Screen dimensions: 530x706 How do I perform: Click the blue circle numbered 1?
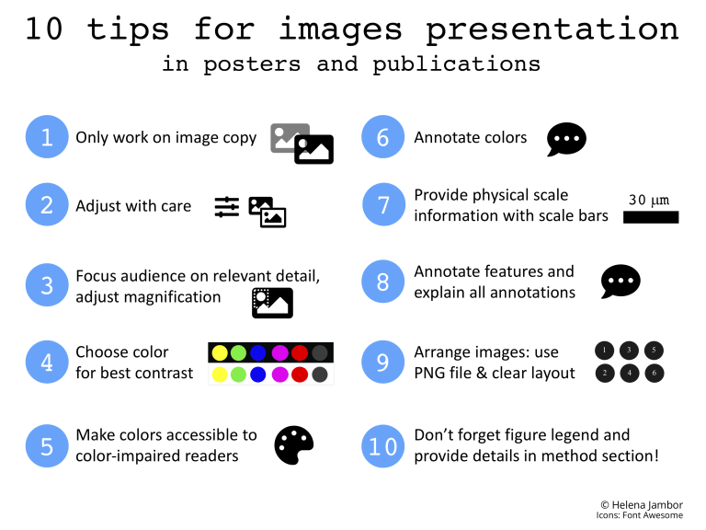coord(46,137)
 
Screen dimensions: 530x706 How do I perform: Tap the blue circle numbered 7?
coord(383,204)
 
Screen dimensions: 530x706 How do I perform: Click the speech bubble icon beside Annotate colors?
coord(566,139)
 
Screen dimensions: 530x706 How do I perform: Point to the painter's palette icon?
coord(294,445)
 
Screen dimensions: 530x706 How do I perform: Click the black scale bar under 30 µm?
coord(651,218)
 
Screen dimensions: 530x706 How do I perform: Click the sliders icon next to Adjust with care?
coord(226,207)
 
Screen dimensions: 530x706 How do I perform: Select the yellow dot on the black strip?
coord(220,352)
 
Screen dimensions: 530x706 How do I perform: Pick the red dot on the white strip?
coord(299,374)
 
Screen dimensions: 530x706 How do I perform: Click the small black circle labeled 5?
coord(653,350)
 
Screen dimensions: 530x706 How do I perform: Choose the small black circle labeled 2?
coord(603,373)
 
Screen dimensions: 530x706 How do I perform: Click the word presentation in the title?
coord(552,29)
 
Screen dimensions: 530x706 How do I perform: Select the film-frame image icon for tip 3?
coord(272,303)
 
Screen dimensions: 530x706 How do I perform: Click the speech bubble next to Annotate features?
coord(621,282)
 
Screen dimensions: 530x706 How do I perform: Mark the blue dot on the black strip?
coord(258,352)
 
